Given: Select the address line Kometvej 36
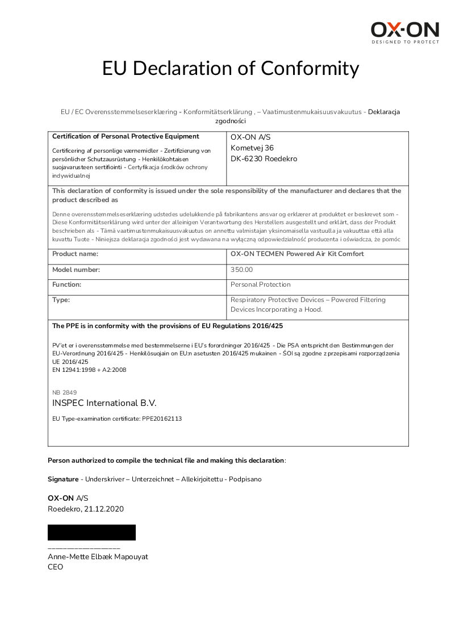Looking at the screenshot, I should pyautogui.click(x=252, y=148).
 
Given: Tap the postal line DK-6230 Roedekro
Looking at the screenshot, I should pyautogui.click(x=264, y=159).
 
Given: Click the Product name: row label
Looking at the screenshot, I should pyautogui.click(x=75, y=254).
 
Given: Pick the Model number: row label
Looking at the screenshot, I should pyautogui.click(x=76, y=270).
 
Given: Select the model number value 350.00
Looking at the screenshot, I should pyautogui.click(x=242, y=270).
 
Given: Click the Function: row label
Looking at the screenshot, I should pyautogui.click(x=66, y=284).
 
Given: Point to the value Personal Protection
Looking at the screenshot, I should pyautogui.click(x=260, y=284).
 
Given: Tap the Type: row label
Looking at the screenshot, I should pyautogui.click(x=61, y=300).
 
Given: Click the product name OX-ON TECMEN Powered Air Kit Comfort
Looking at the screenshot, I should pyautogui.click(x=297, y=254).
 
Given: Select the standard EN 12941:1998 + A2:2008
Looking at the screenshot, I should pyautogui.click(x=89, y=370).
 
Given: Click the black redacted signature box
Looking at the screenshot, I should pyautogui.click(x=91, y=533).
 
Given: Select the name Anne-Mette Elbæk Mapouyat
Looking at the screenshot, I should pyautogui.click(x=98, y=556).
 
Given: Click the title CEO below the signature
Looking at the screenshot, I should pyautogui.click(x=55, y=567).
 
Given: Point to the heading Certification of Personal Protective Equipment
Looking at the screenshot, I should pyautogui.click(x=126, y=136).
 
